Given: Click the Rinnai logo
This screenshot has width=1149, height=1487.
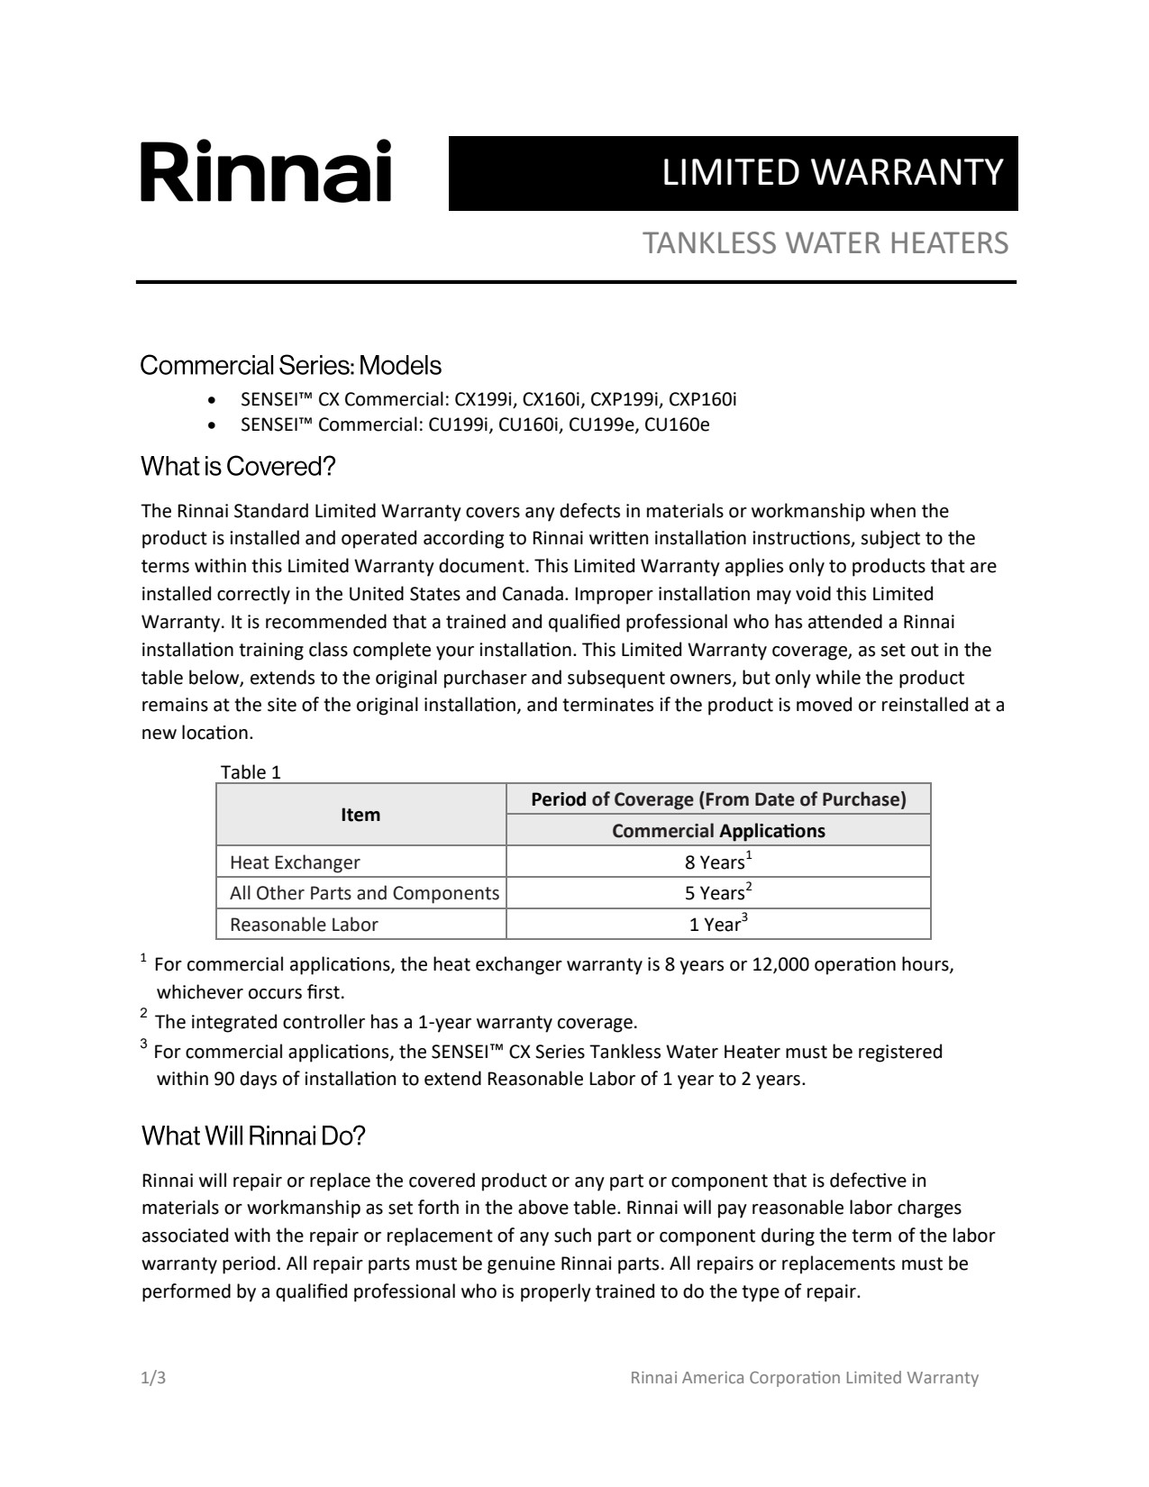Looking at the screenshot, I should click(266, 171).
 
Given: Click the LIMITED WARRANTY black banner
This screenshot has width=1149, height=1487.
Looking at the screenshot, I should click(733, 173).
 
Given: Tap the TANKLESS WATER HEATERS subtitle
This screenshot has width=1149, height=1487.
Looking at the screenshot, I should click(825, 243).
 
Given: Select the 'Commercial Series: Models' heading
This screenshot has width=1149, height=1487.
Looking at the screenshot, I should click(291, 365).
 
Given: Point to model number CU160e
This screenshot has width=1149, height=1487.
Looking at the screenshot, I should click(677, 424).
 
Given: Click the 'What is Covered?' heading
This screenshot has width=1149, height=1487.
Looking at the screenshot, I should click(238, 467).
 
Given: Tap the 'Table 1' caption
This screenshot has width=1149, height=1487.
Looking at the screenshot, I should click(251, 772).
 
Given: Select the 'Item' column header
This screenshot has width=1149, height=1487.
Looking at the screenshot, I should click(360, 815).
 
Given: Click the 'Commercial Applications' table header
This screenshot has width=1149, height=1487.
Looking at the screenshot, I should click(718, 831).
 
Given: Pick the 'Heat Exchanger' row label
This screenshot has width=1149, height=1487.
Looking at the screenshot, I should click(295, 862).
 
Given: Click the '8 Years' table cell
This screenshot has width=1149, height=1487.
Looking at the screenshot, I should click(717, 862).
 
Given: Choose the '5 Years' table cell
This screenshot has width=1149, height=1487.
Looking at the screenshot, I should click(717, 893).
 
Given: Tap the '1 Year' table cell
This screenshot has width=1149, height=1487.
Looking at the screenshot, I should click(717, 925).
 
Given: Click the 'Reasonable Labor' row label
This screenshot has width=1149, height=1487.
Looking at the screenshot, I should click(304, 925).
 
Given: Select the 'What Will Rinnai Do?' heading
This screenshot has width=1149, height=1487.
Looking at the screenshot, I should click(253, 1136).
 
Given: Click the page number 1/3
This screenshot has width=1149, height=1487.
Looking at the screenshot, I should click(153, 1378).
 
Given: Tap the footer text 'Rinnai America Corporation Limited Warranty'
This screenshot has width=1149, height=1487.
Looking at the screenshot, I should click(804, 1378).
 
